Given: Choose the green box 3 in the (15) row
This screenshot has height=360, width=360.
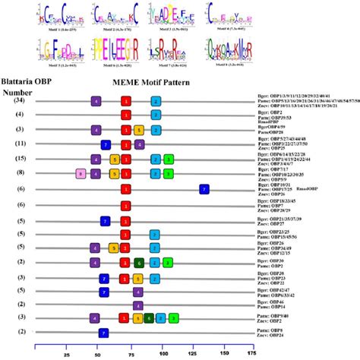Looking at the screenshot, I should (x=168, y=159).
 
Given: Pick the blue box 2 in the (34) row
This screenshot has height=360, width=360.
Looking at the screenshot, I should (x=156, y=100).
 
